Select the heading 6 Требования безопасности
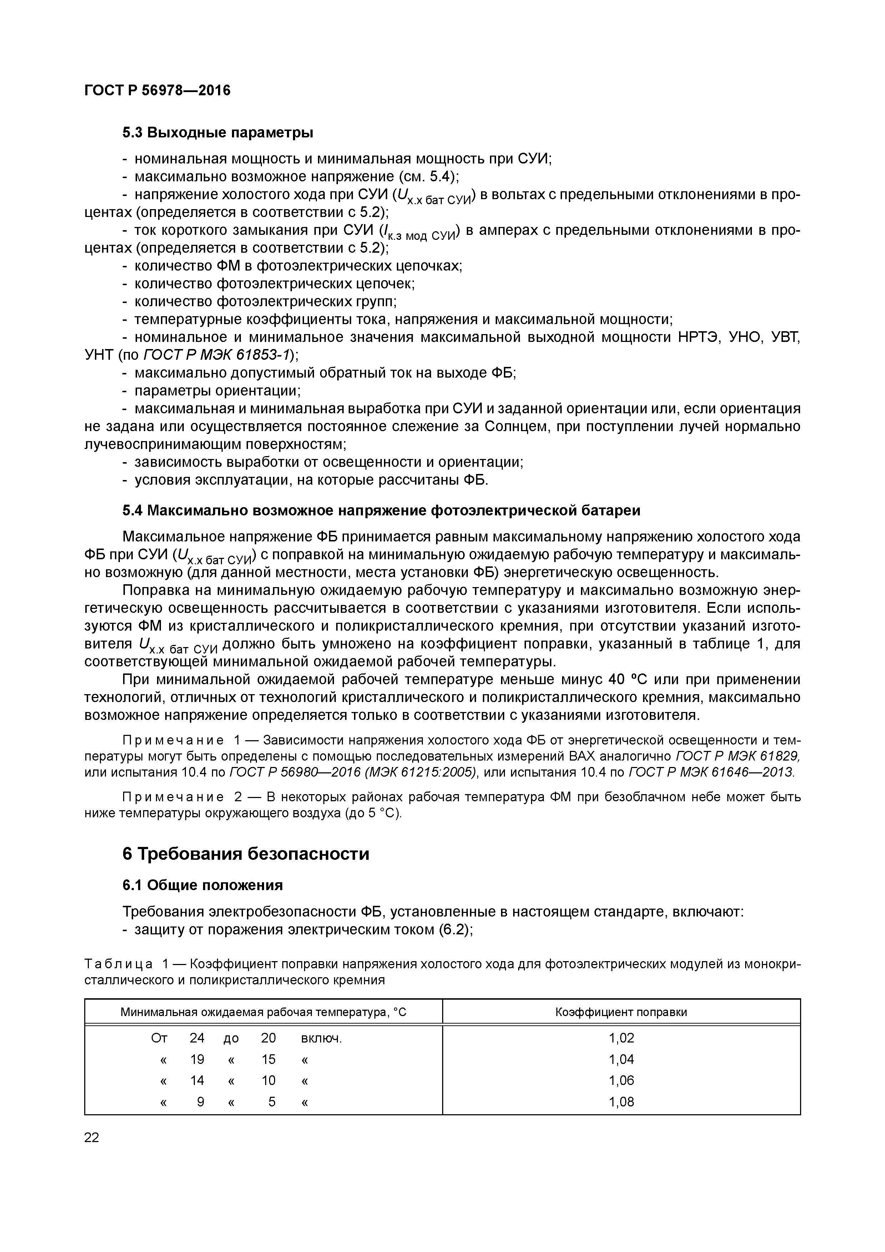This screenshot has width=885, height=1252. (246, 853)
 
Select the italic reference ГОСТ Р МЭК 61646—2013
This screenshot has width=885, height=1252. (712, 772)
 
